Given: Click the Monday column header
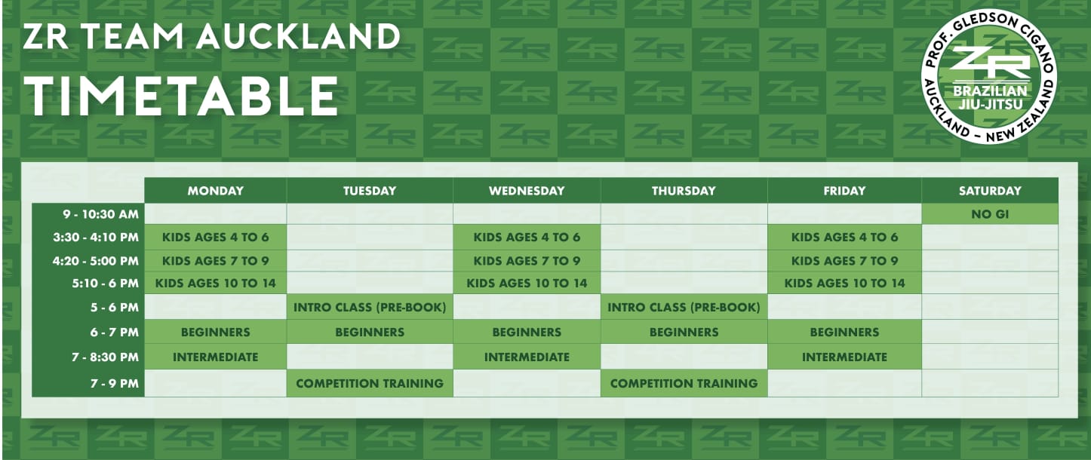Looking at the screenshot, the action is click(x=215, y=190).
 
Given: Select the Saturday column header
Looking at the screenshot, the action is click(x=990, y=190).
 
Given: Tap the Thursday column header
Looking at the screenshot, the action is click(x=684, y=190).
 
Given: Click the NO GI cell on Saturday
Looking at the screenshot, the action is click(x=990, y=214).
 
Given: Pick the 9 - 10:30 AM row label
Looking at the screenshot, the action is click(x=101, y=214).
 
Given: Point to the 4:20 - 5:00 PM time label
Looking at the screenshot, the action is click(x=96, y=261).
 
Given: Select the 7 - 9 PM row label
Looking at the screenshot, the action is click(x=115, y=384).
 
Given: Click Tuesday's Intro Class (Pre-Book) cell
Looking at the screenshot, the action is click(x=370, y=307).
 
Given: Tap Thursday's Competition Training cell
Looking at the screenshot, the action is click(x=684, y=384).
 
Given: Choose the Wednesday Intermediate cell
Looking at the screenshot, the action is click(x=527, y=357).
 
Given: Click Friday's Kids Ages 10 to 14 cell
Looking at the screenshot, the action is click(x=844, y=284).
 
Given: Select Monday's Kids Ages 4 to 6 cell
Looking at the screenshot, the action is click(x=215, y=237).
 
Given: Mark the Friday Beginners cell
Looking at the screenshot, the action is click(x=844, y=332).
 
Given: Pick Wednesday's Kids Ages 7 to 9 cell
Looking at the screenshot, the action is click(x=527, y=261).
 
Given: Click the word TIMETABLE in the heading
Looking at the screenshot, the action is click(x=180, y=96).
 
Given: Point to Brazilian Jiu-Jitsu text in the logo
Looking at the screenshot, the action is click(x=990, y=97).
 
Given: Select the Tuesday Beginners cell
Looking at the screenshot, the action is click(x=370, y=332).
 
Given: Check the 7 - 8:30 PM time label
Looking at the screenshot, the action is click(x=105, y=357).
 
